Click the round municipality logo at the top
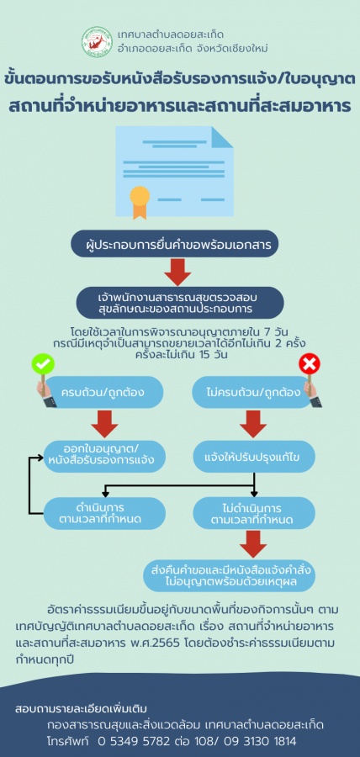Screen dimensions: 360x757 (97, 42)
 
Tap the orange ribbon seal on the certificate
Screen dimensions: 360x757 (140, 201)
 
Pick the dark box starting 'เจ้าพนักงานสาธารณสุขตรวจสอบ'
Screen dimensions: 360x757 (180, 303)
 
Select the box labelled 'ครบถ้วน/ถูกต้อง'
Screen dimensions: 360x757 (103, 392)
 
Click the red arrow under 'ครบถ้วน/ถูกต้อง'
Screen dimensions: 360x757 (104, 425)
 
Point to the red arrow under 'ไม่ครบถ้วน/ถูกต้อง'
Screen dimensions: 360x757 (253, 425)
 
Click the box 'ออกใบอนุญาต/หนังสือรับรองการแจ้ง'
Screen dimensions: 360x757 (104, 456)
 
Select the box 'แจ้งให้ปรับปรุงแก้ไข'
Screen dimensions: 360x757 (254, 456)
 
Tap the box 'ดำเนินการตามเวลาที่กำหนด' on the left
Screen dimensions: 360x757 (104, 513)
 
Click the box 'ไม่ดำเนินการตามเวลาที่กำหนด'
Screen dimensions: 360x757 (254, 513)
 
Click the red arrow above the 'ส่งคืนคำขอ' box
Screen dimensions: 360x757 (253, 544)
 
